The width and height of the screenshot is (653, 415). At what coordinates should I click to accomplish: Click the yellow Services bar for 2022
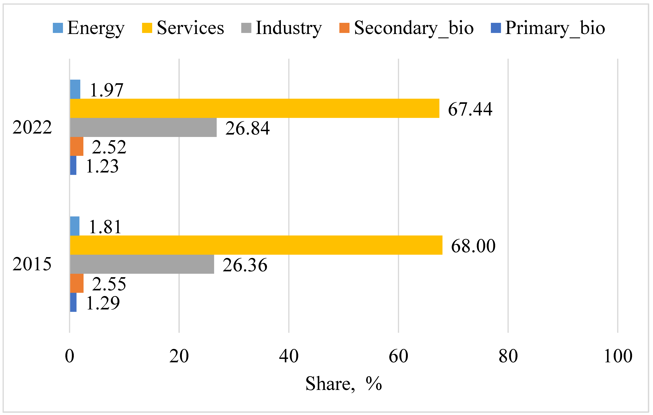pos(254,108)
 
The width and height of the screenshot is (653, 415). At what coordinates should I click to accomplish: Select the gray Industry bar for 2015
pos(142,264)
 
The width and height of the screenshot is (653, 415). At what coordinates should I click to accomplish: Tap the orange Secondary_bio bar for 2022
pos(77,146)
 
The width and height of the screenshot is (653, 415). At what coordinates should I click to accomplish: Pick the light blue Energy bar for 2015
pos(75,226)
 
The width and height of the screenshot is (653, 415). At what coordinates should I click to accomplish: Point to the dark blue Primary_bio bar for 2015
pos(73,302)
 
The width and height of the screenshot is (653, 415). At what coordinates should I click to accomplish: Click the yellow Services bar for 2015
pos(256,245)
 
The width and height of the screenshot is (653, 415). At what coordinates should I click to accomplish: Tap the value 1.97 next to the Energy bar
pos(106,90)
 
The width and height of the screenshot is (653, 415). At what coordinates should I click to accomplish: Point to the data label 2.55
pos(109,284)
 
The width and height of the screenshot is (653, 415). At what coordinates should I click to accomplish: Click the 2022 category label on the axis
pos(32,127)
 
